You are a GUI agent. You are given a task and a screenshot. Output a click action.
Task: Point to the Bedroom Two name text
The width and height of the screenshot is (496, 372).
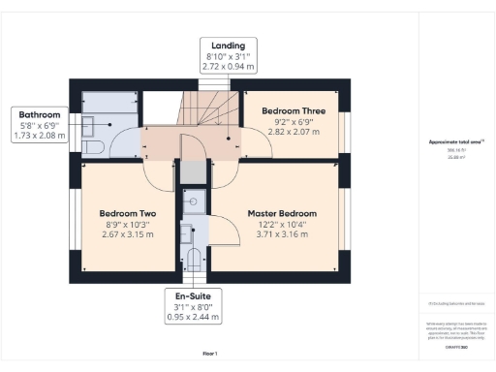click(128, 213)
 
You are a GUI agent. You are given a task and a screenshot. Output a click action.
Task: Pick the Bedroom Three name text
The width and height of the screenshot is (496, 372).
click(294, 111)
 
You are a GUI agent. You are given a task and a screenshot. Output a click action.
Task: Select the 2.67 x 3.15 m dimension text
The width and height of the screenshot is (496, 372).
click(128, 233)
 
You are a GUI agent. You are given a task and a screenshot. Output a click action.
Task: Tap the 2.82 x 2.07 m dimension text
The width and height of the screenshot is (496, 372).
click(294, 132)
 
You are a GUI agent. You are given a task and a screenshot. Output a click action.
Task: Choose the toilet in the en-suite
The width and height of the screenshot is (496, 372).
click(194, 258)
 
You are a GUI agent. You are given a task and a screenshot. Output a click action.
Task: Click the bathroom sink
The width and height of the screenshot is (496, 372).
click(89, 124)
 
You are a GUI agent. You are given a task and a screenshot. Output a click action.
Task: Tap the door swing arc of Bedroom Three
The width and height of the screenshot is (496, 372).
click(254, 145)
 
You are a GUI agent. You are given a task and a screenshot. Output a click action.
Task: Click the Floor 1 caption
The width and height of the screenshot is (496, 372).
click(209, 353)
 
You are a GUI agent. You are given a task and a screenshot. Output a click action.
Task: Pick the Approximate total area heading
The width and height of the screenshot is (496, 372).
click(455, 142)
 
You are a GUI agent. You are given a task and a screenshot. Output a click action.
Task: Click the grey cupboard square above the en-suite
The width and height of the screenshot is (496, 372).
click(194, 172)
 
